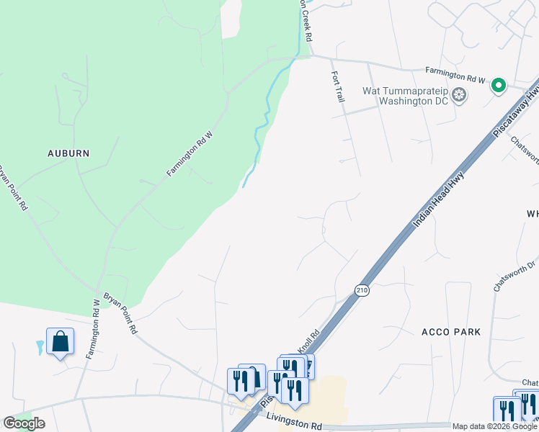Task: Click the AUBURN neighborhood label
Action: click(68, 153)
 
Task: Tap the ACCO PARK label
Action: click(450, 331)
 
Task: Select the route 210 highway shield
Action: click(362, 290)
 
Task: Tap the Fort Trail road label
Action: click(338, 86)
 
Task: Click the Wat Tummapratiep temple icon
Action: click(459, 95)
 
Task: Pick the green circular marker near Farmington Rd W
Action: click(498, 86)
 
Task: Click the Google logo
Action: click(23, 423)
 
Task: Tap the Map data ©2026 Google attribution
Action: click(495, 426)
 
